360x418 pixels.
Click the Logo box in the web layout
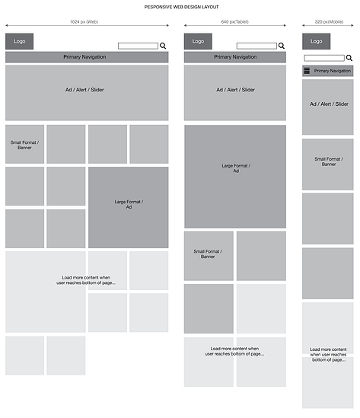click(x=20, y=41)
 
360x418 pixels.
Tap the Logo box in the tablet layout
click(x=198, y=41)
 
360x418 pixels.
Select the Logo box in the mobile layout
click(x=317, y=41)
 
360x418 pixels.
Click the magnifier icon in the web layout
click(x=163, y=46)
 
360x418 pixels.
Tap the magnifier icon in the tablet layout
click(x=282, y=46)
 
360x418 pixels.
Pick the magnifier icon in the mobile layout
click(x=349, y=58)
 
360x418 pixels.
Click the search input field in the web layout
click(x=138, y=46)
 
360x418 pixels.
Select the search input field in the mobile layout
click(x=324, y=58)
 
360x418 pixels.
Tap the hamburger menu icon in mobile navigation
click(x=307, y=71)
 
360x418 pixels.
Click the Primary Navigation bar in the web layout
click(x=87, y=57)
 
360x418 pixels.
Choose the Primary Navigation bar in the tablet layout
click(x=235, y=57)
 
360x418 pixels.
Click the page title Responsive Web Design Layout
click(x=181, y=7)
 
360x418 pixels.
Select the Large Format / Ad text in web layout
click(x=129, y=205)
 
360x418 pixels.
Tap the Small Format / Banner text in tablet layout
click(x=208, y=254)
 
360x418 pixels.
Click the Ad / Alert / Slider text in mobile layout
click(x=329, y=104)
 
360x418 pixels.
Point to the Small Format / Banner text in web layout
click(x=25, y=145)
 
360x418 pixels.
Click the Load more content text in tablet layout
click(x=234, y=351)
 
